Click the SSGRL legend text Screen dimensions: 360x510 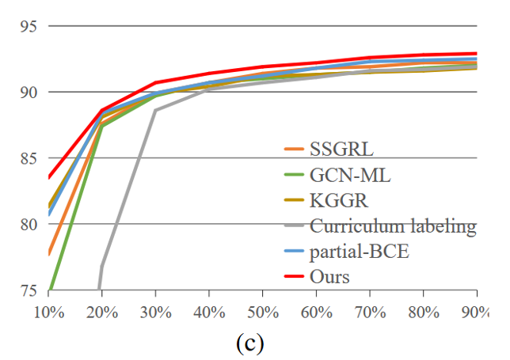[341, 149]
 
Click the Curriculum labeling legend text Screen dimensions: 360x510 [393, 227]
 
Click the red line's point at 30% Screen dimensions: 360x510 [155, 82]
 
